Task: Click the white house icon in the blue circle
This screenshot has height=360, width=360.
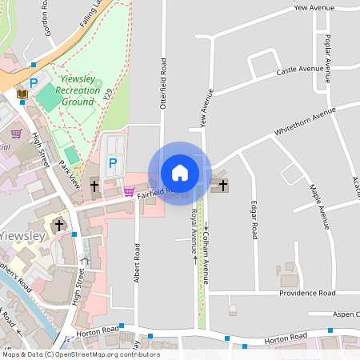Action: (x=180, y=172)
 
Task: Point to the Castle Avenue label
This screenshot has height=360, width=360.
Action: (x=300, y=70)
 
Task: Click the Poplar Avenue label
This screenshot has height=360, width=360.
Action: (x=328, y=58)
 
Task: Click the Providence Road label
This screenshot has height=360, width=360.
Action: (x=307, y=294)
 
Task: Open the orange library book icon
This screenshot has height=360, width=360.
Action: (x=23, y=96)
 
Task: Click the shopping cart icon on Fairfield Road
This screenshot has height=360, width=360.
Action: (x=129, y=191)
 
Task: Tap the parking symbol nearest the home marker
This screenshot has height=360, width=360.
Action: (x=113, y=162)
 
